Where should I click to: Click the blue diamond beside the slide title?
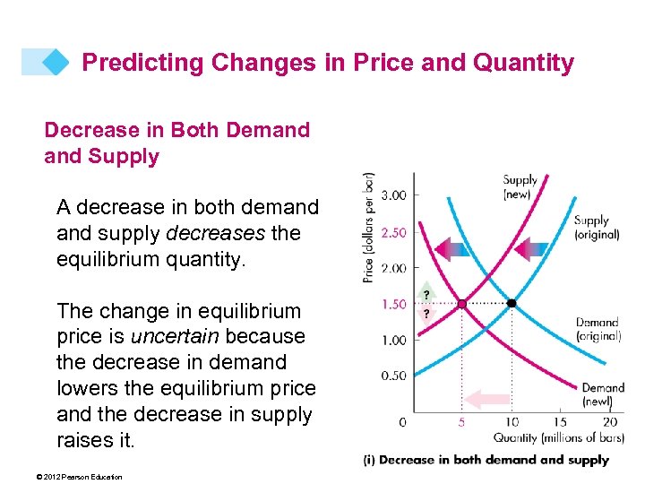click(56, 62)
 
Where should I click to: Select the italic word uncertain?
click(173, 336)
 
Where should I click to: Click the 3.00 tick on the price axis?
click(394, 195)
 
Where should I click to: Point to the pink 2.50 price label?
click(394, 232)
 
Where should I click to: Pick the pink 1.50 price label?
click(394, 305)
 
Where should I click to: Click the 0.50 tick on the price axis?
click(394, 376)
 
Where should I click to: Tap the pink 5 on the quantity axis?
click(460, 422)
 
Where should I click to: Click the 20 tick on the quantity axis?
click(610, 422)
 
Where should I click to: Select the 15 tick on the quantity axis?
click(560, 422)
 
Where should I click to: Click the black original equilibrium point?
click(512, 304)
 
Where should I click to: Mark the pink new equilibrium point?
click(461, 304)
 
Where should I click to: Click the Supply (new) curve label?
click(520, 186)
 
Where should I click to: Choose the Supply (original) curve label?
click(597, 227)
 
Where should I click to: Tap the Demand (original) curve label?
click(598, 329)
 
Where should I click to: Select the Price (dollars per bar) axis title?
click(369, 228)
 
